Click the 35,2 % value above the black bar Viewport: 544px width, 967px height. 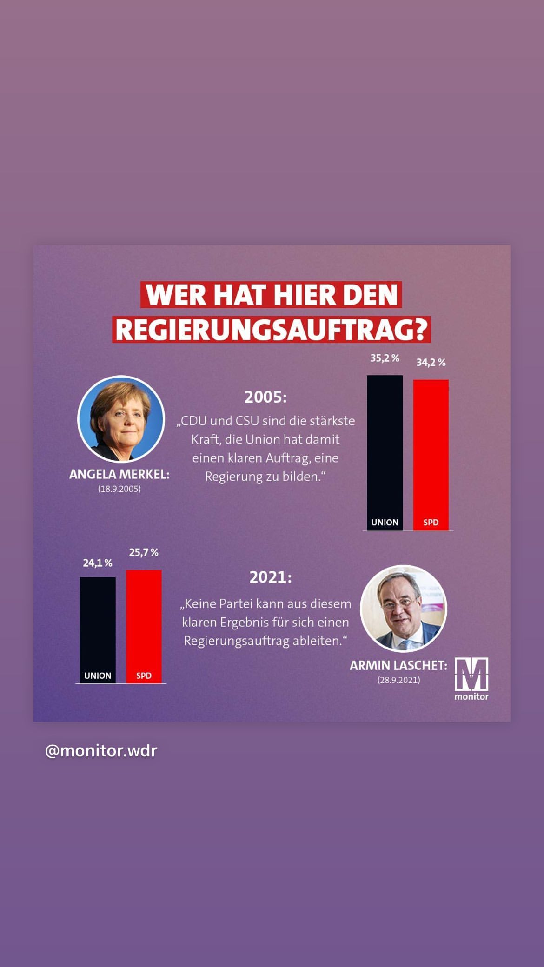385,358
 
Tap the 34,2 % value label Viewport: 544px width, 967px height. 431,363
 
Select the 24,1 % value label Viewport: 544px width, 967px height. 98,563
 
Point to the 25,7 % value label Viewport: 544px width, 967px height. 144,552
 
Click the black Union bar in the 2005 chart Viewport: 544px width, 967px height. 385,446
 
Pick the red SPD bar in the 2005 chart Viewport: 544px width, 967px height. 431,449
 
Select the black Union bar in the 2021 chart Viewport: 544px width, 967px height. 98,623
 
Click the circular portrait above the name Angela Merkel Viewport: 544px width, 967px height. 121,419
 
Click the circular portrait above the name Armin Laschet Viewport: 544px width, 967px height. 404,608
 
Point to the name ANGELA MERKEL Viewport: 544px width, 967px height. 119,475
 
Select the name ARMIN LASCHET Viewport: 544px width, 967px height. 398,666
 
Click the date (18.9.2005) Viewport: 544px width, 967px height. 119,489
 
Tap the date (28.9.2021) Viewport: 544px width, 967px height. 398,680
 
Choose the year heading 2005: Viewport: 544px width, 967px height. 266,397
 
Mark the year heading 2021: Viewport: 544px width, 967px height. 271,577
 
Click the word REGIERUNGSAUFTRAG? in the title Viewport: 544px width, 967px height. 271,330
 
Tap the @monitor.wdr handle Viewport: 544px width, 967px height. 101,751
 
